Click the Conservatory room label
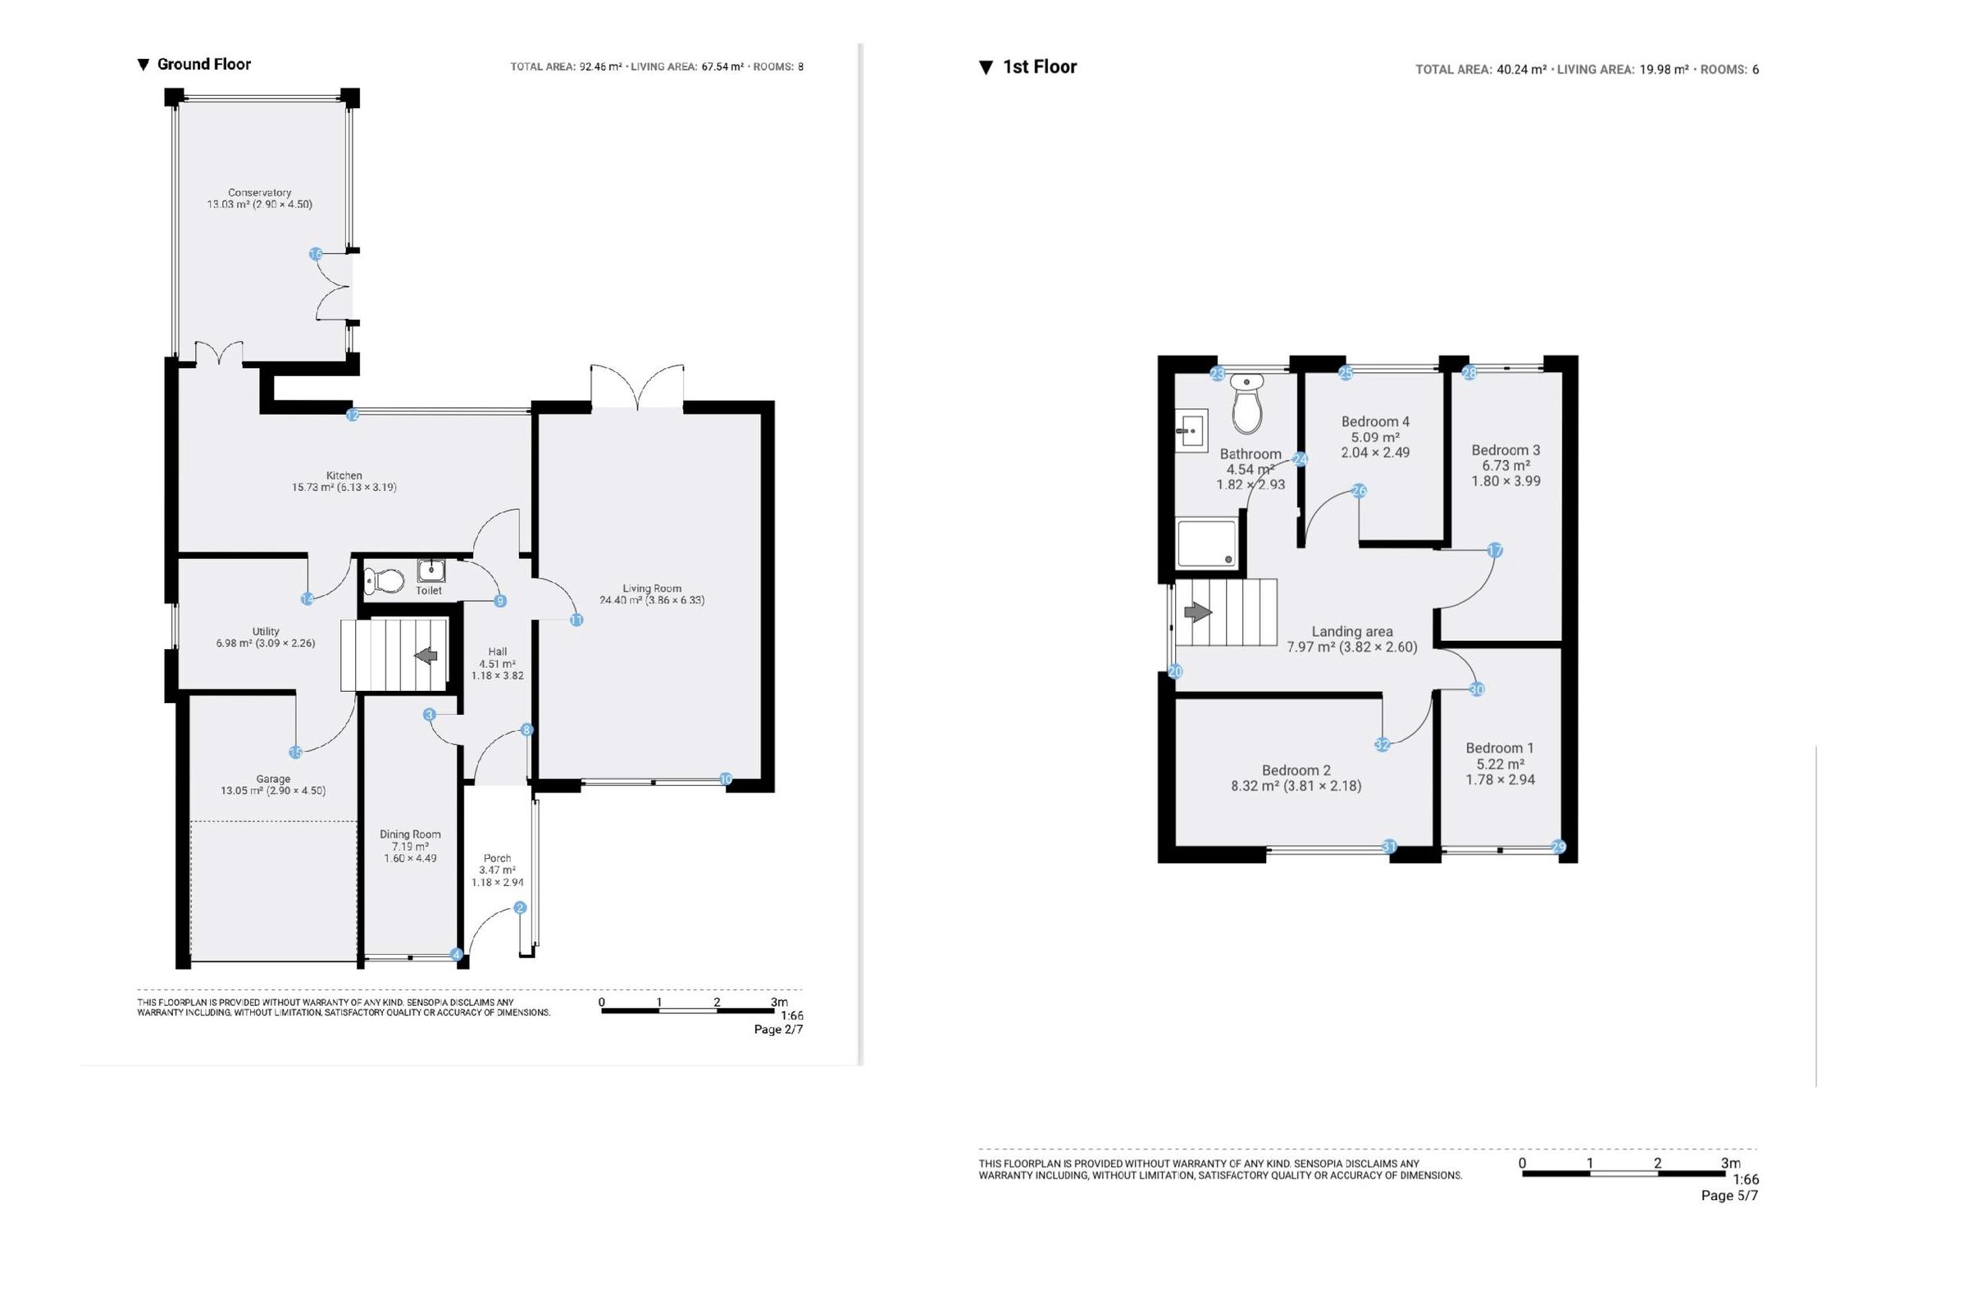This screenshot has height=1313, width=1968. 260,193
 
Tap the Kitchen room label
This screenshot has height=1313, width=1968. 344,475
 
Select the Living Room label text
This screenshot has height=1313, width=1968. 652,588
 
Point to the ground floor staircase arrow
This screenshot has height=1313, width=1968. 426,656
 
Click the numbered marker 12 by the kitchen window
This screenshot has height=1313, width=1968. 353,415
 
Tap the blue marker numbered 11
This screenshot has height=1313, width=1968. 576,620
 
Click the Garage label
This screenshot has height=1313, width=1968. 273,779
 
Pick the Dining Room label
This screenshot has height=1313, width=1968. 410,834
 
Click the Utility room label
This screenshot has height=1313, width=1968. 266,631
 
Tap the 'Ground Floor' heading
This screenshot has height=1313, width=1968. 203,65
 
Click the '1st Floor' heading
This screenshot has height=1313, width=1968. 1040,67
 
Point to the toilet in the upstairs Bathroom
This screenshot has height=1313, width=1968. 1246,402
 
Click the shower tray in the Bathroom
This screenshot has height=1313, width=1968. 1206,543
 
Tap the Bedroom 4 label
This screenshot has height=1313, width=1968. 1375,422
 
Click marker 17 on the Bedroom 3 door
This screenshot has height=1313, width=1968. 1495,551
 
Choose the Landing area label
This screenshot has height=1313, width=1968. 1352,632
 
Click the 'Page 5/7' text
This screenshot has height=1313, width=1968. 1729,1196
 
